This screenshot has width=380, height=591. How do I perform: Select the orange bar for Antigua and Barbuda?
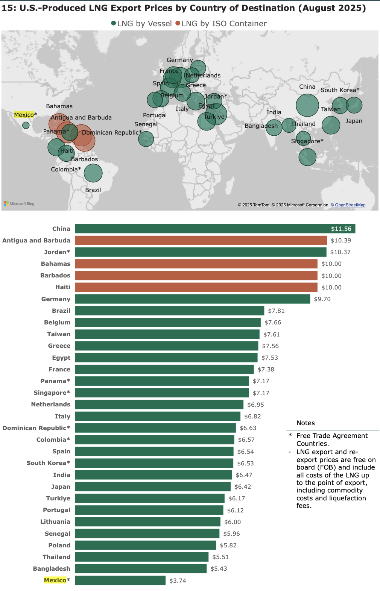coord(201,240)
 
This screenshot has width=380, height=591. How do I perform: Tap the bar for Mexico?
coord(120,580)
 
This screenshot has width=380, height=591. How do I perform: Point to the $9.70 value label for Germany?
coord(322,299)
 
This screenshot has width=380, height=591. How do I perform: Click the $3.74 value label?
coord(178,580)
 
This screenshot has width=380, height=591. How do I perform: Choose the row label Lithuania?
coord(55,521)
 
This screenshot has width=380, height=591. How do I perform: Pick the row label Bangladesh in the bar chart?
coord(52,568)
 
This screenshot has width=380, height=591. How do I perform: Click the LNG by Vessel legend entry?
coord(141,24)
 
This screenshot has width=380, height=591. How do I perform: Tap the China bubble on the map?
coord(307,105)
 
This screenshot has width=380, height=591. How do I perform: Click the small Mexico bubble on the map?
coord(26,125)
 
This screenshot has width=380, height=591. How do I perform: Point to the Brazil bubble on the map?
coord(93,173)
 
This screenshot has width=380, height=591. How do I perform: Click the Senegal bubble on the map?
coord(146,139)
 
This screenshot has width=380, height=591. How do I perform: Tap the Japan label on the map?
coord(354,121)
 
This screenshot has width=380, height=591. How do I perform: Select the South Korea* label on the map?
coord(340,90)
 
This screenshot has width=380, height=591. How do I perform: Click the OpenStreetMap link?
coord(348,205)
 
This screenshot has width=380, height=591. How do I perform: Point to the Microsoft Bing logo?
coord(19,204)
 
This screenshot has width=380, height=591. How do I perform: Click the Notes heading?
coord(306,423)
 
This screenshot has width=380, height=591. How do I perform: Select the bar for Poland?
coord(145,545)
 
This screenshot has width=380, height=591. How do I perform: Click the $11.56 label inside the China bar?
coord(341,229)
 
